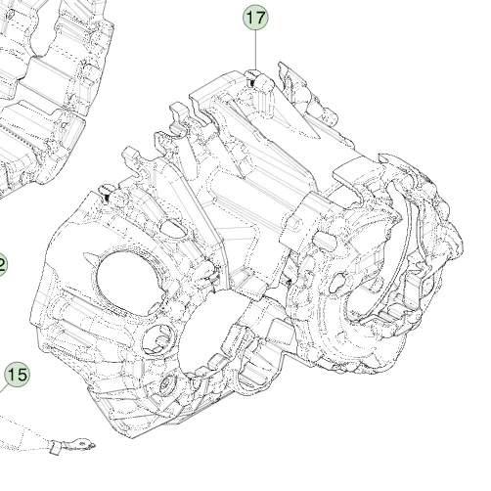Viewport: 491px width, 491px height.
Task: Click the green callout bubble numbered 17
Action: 255,18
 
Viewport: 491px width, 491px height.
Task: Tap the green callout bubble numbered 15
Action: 17,374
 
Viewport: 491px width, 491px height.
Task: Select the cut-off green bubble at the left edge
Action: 2,264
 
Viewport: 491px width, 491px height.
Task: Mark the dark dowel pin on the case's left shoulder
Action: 105,199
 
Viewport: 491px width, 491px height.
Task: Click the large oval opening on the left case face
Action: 124,279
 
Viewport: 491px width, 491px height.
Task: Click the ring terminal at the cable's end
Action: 88,446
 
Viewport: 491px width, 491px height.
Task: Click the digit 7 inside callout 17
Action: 259,18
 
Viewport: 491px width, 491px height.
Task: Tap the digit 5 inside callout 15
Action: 21,374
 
